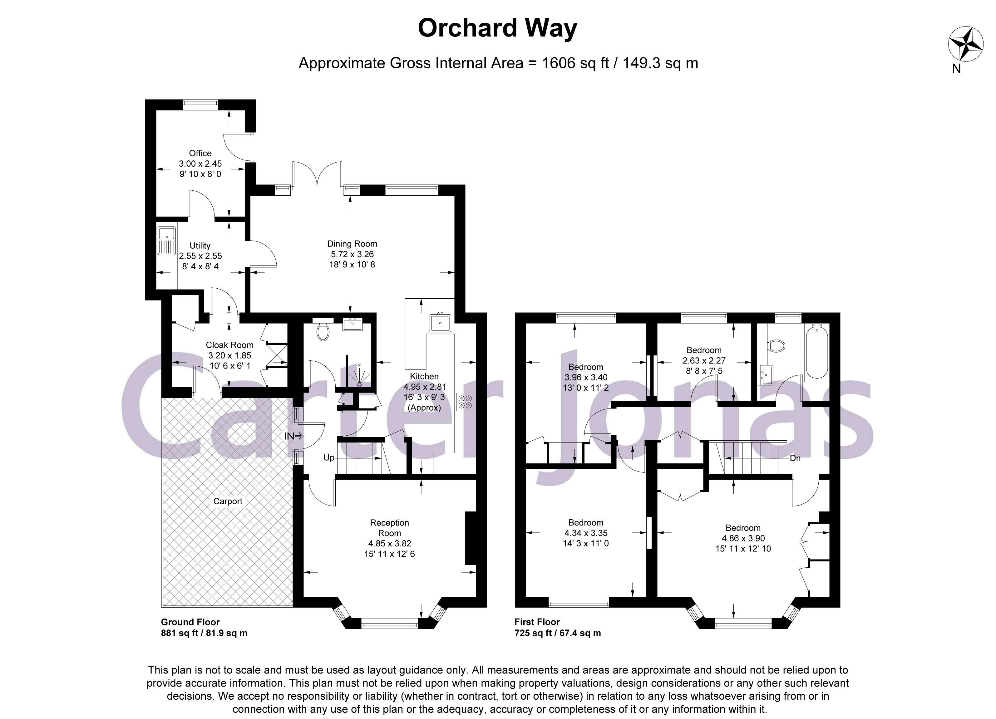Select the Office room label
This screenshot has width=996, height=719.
click(x=200, y=153)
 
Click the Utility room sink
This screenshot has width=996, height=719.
click(x=166, y=240)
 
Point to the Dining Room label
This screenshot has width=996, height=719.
click(x=352, y=244)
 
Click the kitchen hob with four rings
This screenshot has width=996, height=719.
click(x=465, y=402)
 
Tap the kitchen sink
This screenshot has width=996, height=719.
click(x=440, y=323)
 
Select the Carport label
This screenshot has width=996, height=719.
click(x=228, y=501)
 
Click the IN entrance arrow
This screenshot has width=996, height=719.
click(x=294, y=436)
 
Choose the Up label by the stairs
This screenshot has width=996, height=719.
click(x=329, y=458)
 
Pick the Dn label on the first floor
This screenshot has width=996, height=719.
click(x=795, y=458)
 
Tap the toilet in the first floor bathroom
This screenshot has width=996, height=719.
click(x=776, y=346)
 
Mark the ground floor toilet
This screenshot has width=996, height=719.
click(x=323, y=332)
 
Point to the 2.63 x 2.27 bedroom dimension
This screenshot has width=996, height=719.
click(x=704, y=360)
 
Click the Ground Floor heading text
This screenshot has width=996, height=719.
click(x=190, y=622)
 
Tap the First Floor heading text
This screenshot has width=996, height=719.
click(x=537, y=622)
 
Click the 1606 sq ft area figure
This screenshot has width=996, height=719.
click(x=575, y=63)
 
